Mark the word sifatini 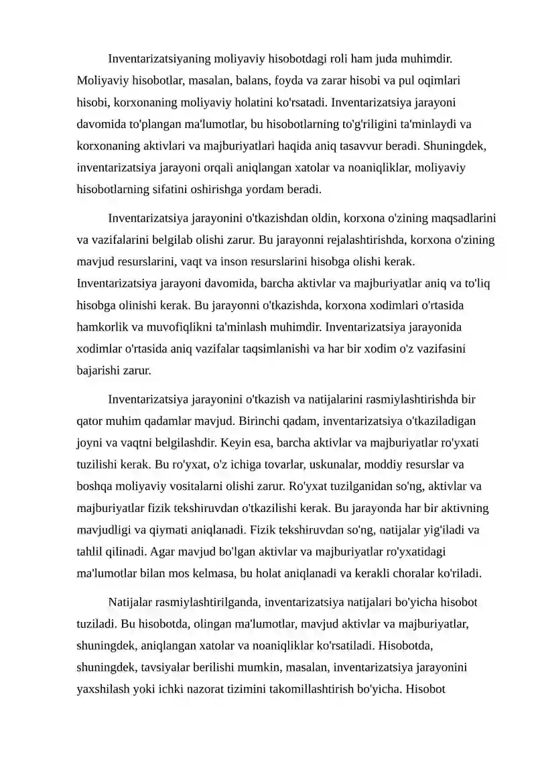174,189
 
